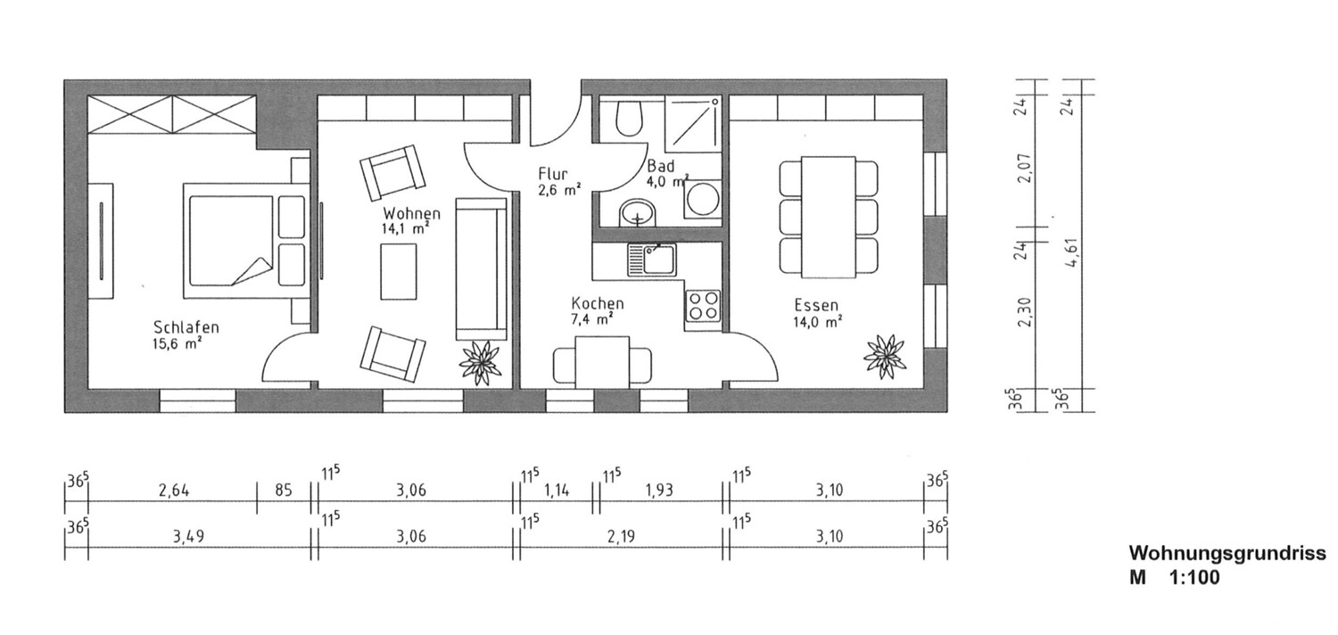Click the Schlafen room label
(186, 327)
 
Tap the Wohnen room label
(411, 213)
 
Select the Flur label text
(552, 174)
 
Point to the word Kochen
(598, 303)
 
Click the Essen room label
(816, 306)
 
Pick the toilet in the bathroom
(629, 119)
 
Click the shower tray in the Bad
(693, 123)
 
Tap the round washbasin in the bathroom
(638, 212)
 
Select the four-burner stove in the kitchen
(703, 306)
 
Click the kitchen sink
(652, 260)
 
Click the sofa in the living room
(481, 268)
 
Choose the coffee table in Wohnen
(399, 271)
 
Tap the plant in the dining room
(885, 357)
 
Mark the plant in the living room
(480, 363)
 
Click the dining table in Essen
(829, 218)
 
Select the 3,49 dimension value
(189, 536)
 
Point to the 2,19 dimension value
(621, 536)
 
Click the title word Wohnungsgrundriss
(1227, 554)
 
